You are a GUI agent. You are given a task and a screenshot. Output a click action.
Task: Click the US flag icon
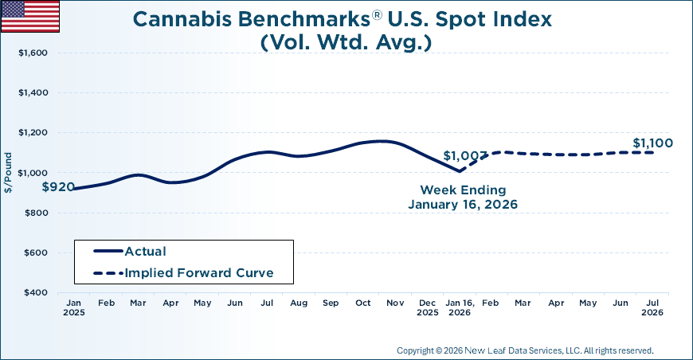pyautogui.click(x=30, y=17)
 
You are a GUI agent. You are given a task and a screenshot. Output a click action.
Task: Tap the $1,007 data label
pyautogui.click(x=464, y=155)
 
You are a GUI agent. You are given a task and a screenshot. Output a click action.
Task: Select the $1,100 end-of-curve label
pyautogui.click(x=652, y=143)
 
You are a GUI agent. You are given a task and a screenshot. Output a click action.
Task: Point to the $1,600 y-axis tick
pyautogui.click(x=33, y=53)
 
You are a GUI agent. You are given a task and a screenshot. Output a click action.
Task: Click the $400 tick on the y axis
pyautogui.click(x=37, y=293)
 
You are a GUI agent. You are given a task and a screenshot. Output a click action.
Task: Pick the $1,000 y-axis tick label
pyautogui.click(x=33, y=173)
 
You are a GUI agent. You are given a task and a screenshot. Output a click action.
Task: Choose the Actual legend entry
pyautogui.click(x=145, y=252)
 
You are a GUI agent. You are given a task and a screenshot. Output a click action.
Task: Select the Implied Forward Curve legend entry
pyautogui.click(x=199, y=273)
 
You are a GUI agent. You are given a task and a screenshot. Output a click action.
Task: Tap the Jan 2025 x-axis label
pyautogui.click(x=73, y=307)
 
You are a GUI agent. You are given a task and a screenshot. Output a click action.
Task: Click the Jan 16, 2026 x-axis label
pyautogui.click(x=460, y=307)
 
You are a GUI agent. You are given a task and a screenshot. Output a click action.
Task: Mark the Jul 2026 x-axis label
pyautogui.click(x=652, y=307)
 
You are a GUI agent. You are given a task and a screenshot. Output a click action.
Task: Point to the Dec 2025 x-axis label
pyautogui.click(x=428, y=307)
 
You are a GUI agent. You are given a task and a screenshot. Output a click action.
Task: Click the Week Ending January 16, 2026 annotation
pyautogui.click(x=463, y=197)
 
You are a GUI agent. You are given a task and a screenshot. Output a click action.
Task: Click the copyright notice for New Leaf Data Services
pyautogui.click(x=525, y=350)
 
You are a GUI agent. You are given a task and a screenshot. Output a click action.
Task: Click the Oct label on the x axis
pyautogui.click(x=363, y=303)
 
